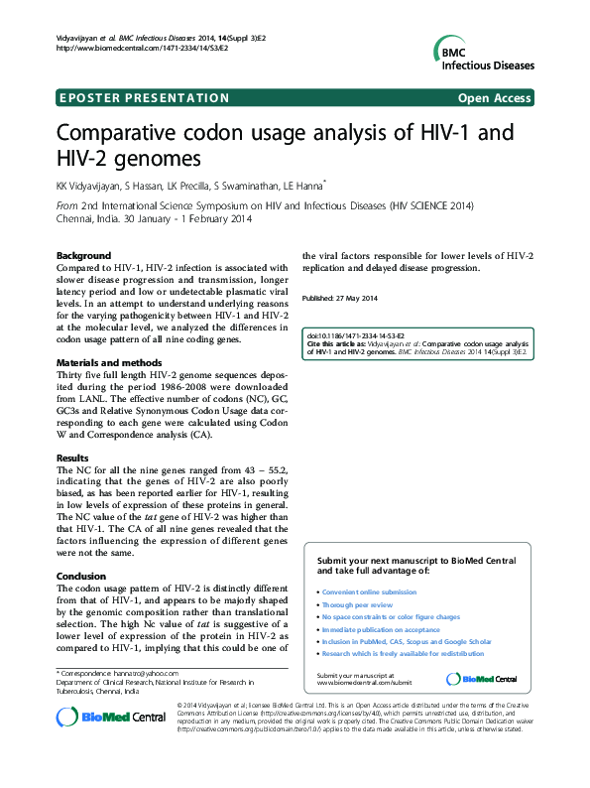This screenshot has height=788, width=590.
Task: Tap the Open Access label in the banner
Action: [x=495, y=97]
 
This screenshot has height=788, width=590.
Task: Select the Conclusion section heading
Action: [x=81, y=576]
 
